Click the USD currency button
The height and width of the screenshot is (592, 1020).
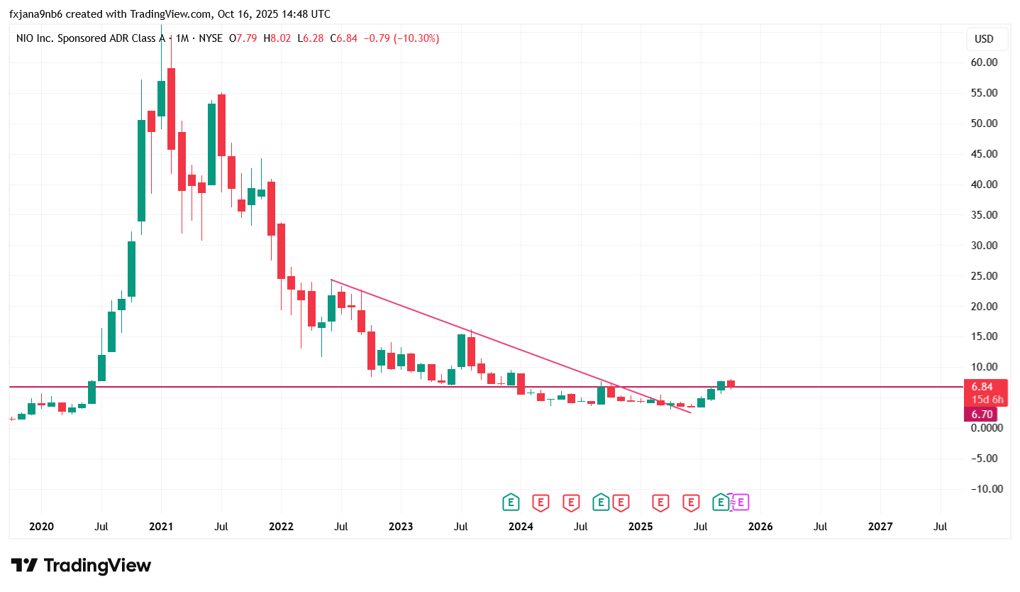point(984,39)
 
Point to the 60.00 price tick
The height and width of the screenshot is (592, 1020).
point(984,62)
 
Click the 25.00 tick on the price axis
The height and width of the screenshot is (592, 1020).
point(984,276)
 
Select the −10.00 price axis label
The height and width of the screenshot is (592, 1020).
point(982,489)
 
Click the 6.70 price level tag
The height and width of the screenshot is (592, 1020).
point(981,415)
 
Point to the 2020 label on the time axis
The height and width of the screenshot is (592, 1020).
point(41,527)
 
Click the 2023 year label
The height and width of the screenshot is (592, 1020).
point(401,527)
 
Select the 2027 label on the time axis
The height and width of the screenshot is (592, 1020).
point(880,527)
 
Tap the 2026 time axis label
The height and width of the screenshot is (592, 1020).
point(760,527)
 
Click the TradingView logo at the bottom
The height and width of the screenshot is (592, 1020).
point(81,566)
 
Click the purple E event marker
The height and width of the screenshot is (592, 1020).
point(741,503)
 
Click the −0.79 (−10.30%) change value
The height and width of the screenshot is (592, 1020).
point(401,38)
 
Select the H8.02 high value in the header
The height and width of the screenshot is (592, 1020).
point(277,38)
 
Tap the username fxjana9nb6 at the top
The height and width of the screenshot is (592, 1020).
point(35,14)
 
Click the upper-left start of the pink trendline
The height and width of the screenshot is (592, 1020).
point(331,280)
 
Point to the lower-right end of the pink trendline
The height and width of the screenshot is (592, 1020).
point(690,412)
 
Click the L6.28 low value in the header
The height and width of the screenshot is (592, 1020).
point(311,38)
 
